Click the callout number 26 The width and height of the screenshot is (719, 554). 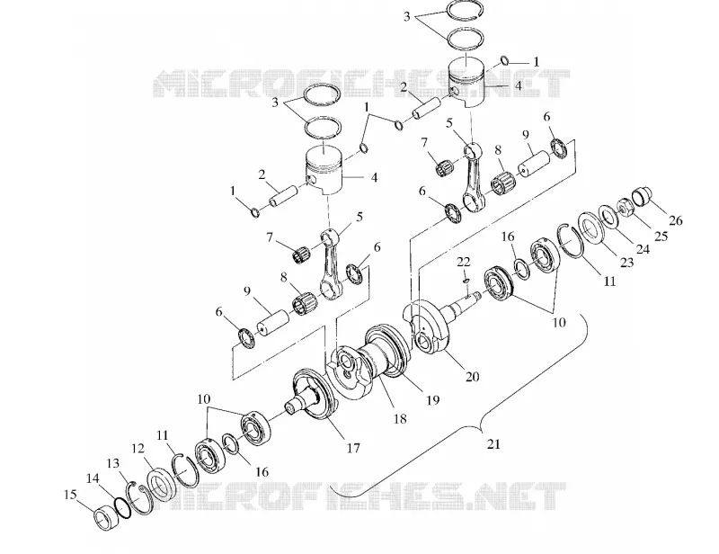676,220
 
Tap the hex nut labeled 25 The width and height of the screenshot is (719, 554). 624,207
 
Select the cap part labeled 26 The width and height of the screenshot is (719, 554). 641,196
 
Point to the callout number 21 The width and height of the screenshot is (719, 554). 493,444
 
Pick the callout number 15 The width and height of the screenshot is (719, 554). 71,495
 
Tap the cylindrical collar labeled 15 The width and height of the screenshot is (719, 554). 104,518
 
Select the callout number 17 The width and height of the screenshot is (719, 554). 353,448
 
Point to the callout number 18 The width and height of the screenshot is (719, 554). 400,418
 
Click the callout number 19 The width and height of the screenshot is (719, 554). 432,400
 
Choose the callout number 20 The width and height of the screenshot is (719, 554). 473,376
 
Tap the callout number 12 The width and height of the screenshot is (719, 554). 138,449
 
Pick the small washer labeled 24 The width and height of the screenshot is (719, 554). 609,217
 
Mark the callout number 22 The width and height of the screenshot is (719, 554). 464,262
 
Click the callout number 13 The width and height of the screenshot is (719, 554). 113,463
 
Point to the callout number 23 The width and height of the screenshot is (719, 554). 626,262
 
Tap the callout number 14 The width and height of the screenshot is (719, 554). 93,478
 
